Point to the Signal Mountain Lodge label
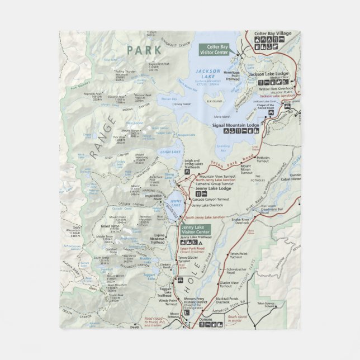[237, 126]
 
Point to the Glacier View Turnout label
[238, 285]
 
